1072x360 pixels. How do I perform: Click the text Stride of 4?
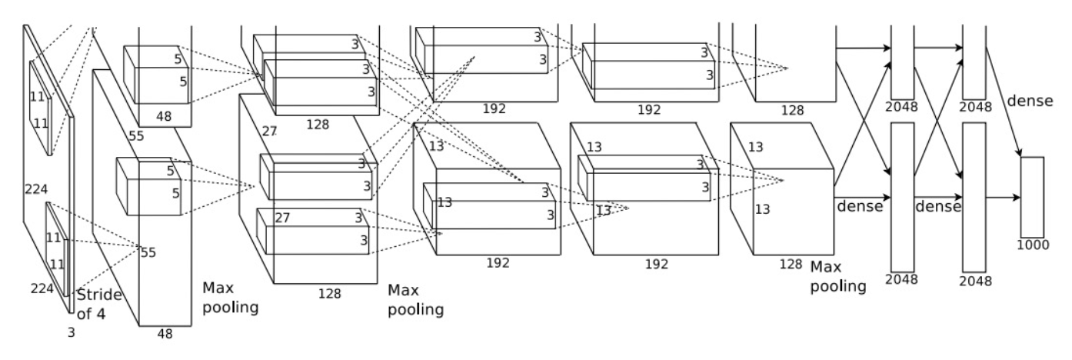(x=100, y=304)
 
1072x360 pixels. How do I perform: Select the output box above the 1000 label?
(x=1032, y=197)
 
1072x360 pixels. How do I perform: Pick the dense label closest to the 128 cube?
(x=859, y=206)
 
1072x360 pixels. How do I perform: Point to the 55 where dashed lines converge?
(x=148, y=252)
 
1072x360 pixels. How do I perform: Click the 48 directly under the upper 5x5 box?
(x=164, y=118)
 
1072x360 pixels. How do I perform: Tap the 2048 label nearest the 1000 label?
(x=975, y=278)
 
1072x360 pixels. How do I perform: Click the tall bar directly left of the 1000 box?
(x=974, y=196)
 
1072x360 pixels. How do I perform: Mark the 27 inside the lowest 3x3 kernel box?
(x=282, y=218)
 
